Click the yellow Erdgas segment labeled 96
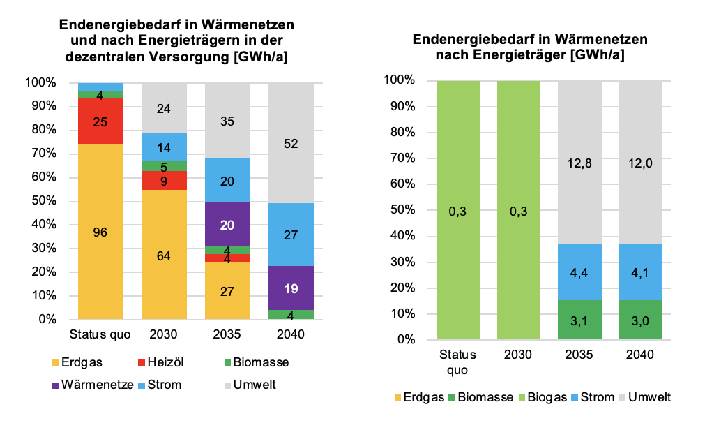click(x=100, y=232)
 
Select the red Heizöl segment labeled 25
click(x=100, y=121)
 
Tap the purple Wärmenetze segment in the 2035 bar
click(x=227, y=224)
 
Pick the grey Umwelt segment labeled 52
click(x=291, y=143)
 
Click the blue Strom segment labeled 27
click(x=291, y=235)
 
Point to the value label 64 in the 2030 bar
click(x=164, y=255)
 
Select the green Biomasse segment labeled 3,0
click(x=639, y=320)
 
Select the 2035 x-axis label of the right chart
click(x=579, y=354)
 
